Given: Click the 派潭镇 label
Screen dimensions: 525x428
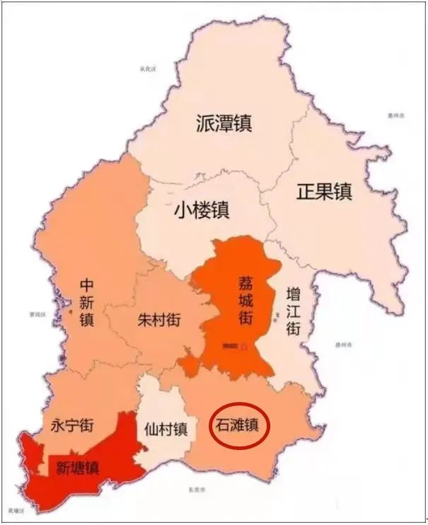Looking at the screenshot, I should (224, 124).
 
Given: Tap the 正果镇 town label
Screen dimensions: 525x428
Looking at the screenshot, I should (324, 191).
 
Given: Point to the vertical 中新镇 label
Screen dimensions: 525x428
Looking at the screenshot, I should (87, 301).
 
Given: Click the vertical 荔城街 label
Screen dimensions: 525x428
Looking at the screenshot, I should (245, 301).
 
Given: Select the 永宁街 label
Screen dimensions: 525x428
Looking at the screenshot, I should (73, 425).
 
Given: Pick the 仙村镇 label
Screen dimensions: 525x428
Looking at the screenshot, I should (166, 429).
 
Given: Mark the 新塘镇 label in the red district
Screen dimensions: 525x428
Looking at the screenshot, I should (77, 468).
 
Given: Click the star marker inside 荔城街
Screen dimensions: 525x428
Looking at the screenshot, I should (243, 347).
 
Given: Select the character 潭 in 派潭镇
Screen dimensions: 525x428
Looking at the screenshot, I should (224, 124).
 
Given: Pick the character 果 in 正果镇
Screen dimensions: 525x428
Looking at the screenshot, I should (324, 191).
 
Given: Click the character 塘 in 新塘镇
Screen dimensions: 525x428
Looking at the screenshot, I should (77, 468).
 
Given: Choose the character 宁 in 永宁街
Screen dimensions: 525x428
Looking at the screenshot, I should (73, 425).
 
